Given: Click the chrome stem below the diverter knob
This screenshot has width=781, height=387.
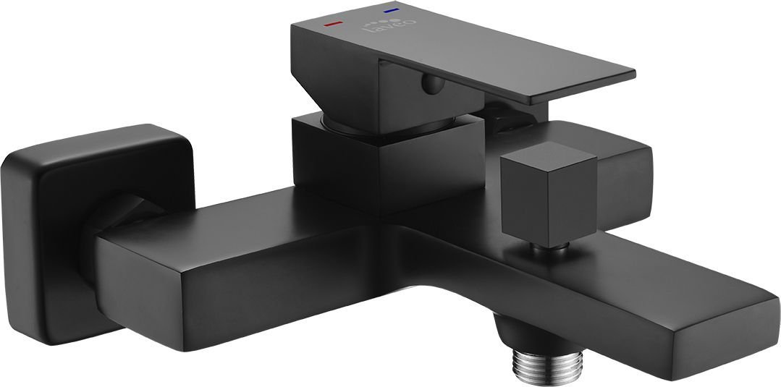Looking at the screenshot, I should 540,250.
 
